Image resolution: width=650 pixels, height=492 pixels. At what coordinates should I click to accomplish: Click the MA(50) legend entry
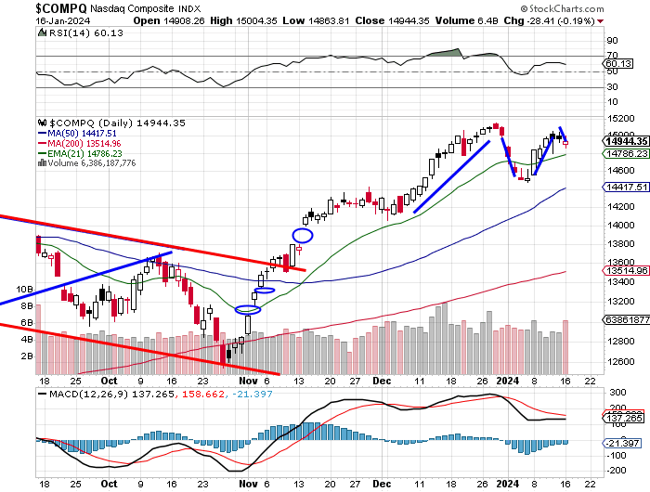click(77, 133)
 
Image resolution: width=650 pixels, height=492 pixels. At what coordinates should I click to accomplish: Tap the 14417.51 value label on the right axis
click(624, 187)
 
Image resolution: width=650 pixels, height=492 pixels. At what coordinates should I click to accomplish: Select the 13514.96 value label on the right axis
click(624, 271)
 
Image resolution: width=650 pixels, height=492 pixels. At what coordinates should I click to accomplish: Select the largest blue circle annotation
click(303, 235)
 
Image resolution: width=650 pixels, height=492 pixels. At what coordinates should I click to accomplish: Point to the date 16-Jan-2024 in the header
click(35, 19)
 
